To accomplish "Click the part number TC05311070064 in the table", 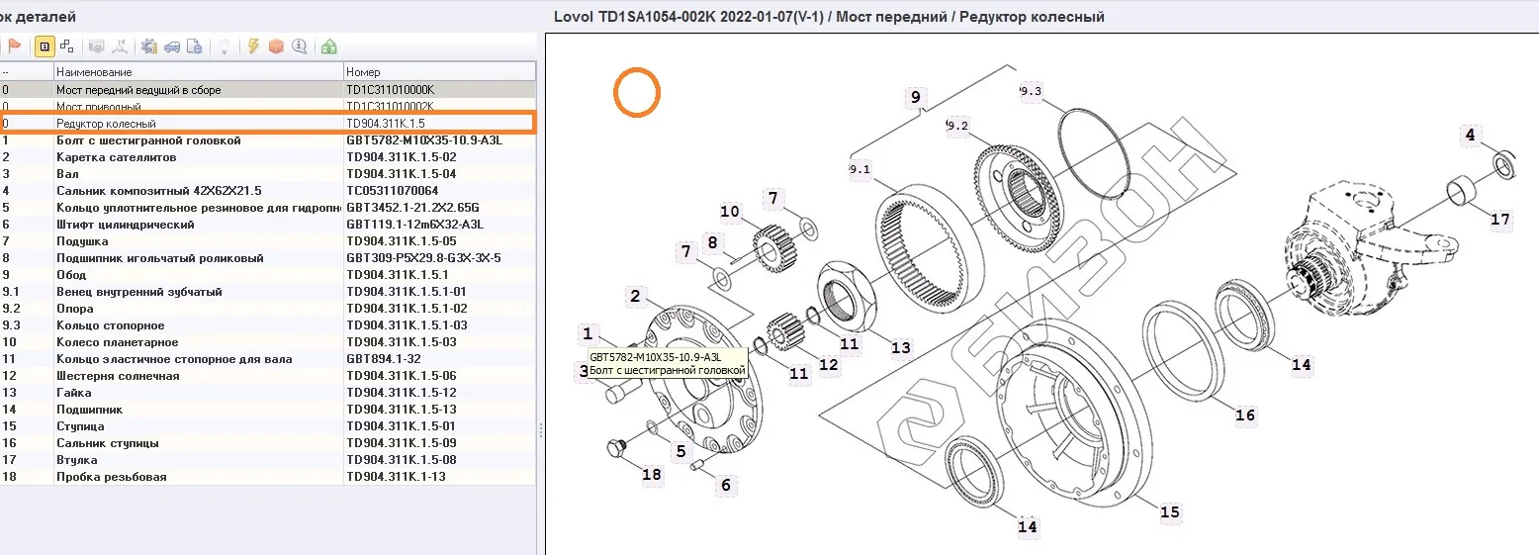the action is (393, 191).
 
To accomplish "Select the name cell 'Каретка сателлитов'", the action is (116, 157).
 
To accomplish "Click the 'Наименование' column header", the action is (94, 72).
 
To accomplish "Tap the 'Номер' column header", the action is (363, 72).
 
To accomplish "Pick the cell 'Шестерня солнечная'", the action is (118, 376).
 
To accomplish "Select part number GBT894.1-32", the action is (384, 359).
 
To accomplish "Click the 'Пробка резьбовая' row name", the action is (112, 477).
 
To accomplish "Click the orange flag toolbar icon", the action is (15, 46).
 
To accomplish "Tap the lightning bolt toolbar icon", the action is (253, 46).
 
